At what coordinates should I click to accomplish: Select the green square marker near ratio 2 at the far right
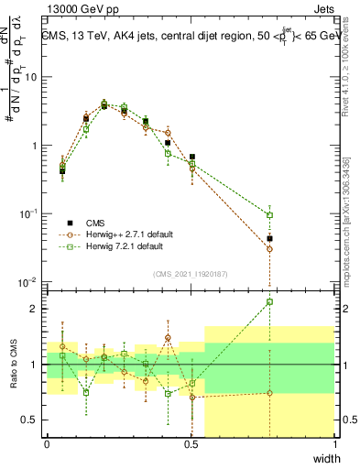point(269,301)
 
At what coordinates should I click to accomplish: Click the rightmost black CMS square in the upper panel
point(269,238)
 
